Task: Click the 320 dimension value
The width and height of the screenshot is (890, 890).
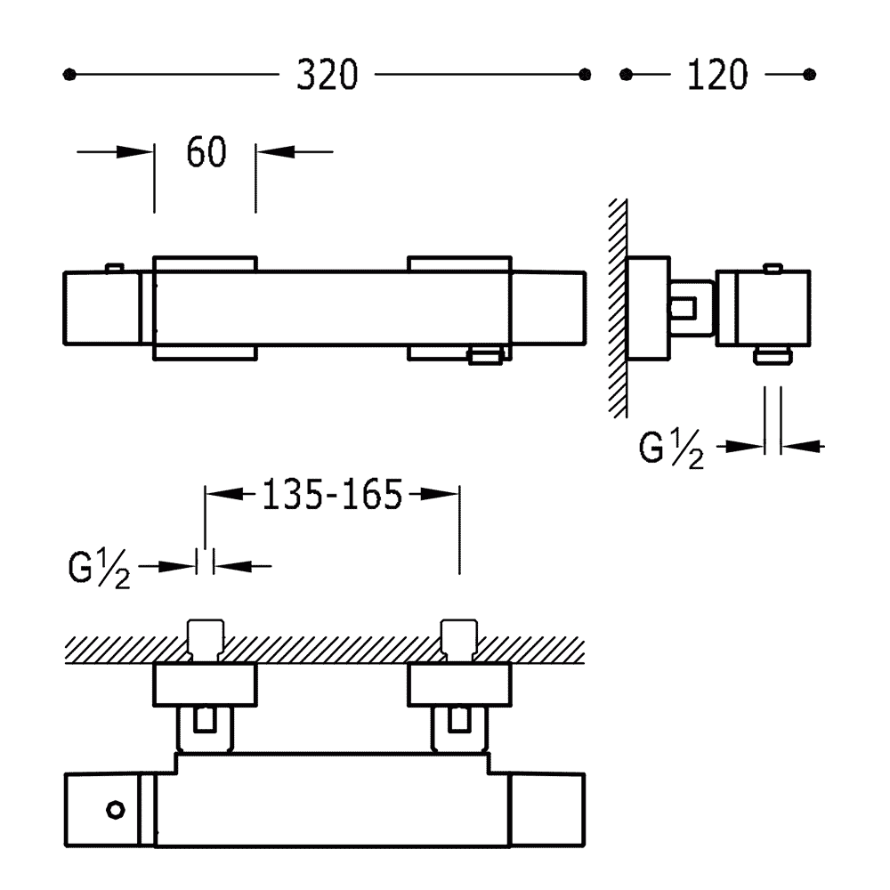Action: pos(328,75)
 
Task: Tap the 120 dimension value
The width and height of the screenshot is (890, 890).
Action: pos(717,75)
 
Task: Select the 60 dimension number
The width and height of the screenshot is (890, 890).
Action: pos(206,151)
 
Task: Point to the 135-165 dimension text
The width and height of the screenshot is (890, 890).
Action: pos(332,494)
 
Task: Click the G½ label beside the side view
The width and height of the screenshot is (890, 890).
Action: pos(671,449)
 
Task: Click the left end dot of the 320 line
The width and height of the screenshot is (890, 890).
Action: pos(69,75)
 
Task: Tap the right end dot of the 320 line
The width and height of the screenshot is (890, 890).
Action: pos(585,75)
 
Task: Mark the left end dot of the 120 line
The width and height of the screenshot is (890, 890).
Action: pos(626,75)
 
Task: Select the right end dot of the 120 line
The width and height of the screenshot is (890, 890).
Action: pos(810,75)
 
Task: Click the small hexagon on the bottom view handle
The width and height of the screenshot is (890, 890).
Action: pos(116,810)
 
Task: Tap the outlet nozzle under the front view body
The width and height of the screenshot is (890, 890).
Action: pos(485,357)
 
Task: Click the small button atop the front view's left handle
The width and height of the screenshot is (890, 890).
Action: pos(115,268)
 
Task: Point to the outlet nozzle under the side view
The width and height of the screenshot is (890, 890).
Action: pos(773,356)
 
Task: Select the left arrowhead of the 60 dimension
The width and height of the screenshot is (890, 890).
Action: pos(134,151)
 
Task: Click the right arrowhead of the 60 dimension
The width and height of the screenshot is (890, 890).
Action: pos(275,151)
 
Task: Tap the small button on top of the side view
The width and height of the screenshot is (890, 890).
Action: pos(773,268)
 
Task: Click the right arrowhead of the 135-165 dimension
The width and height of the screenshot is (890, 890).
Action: pos(440,494)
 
